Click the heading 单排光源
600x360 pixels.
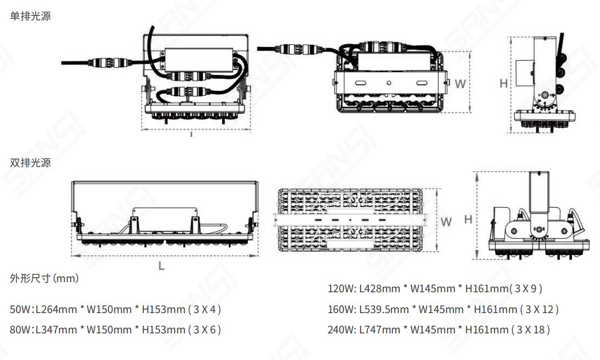click(30, 16)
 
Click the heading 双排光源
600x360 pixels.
click(30, 163)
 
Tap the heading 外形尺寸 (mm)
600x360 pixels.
click(45, 278)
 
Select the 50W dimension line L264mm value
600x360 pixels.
click(56, 309)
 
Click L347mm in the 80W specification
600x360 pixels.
click(56, 330)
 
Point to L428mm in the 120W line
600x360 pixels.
click(379, 288)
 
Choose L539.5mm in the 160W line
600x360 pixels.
click(384, 309)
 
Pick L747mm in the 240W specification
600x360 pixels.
click(379, 330)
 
